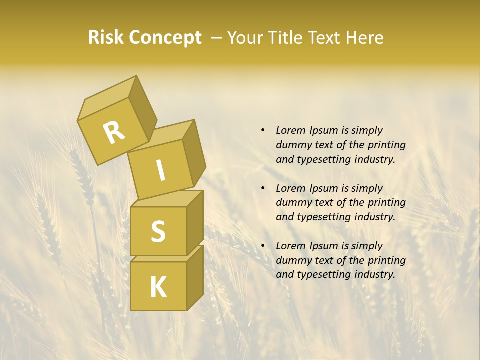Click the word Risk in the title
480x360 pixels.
(106, 38)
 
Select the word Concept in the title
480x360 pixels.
(165, 38)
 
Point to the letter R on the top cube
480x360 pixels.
(114, 132)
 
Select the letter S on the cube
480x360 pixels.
(158, 231)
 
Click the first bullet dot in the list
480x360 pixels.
(263, 130)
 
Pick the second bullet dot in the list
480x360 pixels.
(263, 188)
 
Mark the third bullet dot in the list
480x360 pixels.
(263, 246)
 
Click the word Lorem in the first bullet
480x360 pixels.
(291, 130)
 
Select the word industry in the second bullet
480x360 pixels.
(375, 217)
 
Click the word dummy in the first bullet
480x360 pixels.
(292, 145)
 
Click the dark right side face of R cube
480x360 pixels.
(142, 110)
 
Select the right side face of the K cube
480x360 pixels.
(195, 277)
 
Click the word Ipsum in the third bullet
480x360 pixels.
(325, 246)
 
